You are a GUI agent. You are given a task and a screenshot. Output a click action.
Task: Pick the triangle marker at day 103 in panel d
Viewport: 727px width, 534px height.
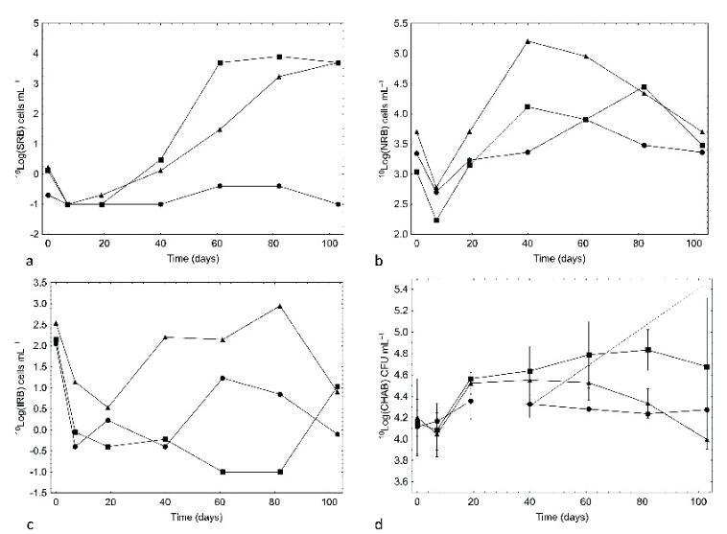(706, 440)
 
